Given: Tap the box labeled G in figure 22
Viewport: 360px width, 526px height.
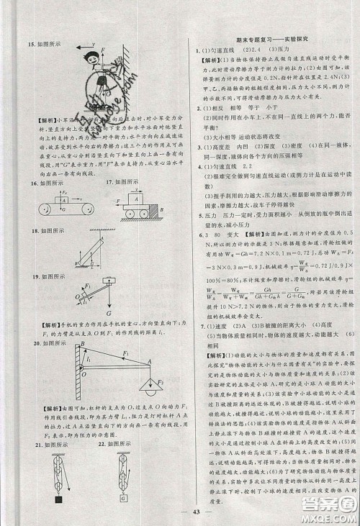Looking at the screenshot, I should [125, 498].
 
